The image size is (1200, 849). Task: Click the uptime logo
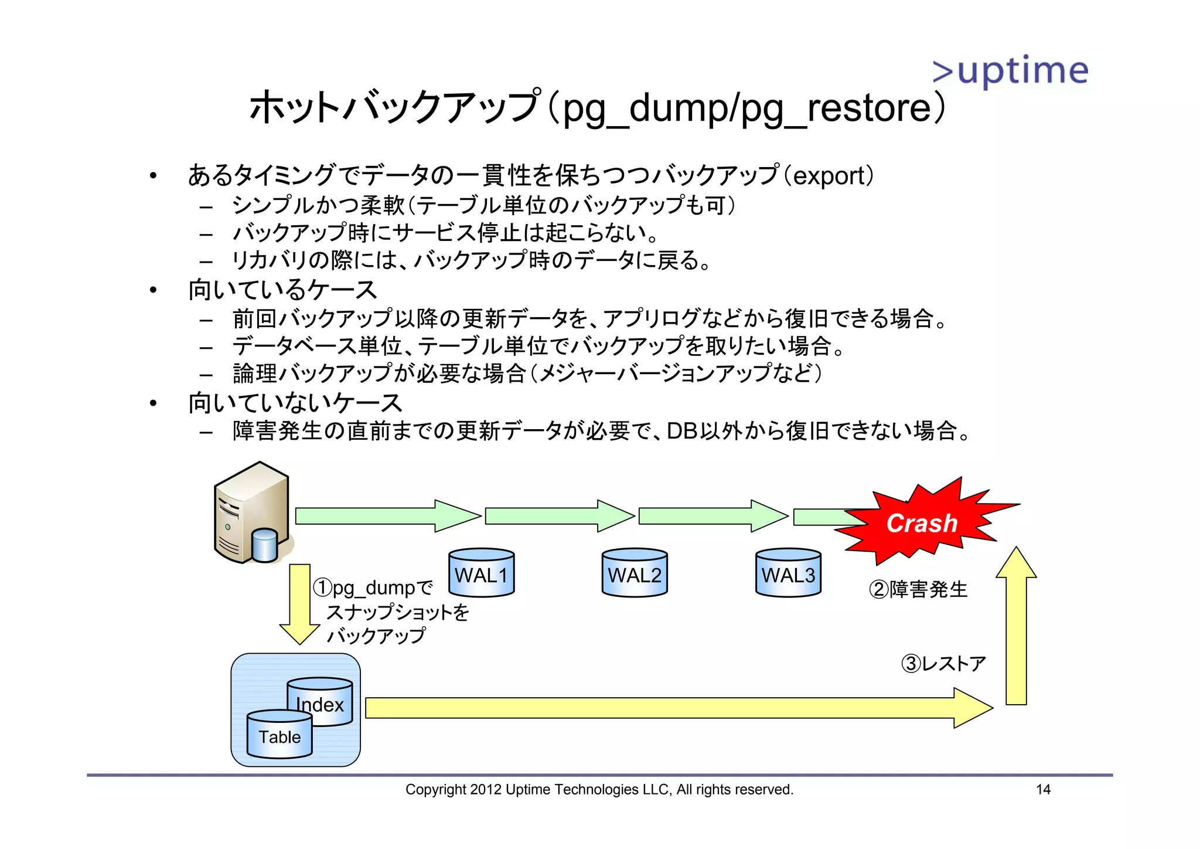(1010, 71)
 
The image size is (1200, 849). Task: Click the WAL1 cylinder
(481, 573)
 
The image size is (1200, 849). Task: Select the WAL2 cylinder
(635, 573)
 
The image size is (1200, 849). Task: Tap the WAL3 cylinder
(788, 573)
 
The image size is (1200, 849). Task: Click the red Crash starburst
(922, 522)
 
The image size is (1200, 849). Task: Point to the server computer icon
(252, 513)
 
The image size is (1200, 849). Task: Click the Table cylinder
(279, 735)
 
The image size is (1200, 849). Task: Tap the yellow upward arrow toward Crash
(1016, 627)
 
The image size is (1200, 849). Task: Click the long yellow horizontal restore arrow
(674, 708)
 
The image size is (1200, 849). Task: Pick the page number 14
(1043, 789)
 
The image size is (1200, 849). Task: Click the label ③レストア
(943, 664)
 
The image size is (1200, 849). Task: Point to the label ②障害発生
(918, 589)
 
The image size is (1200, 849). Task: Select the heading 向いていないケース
(295, 403)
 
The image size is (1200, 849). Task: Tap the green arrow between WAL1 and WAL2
(560, 516)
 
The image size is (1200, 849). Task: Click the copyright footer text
(599, 789)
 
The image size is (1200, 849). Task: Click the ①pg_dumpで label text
(373, 587)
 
